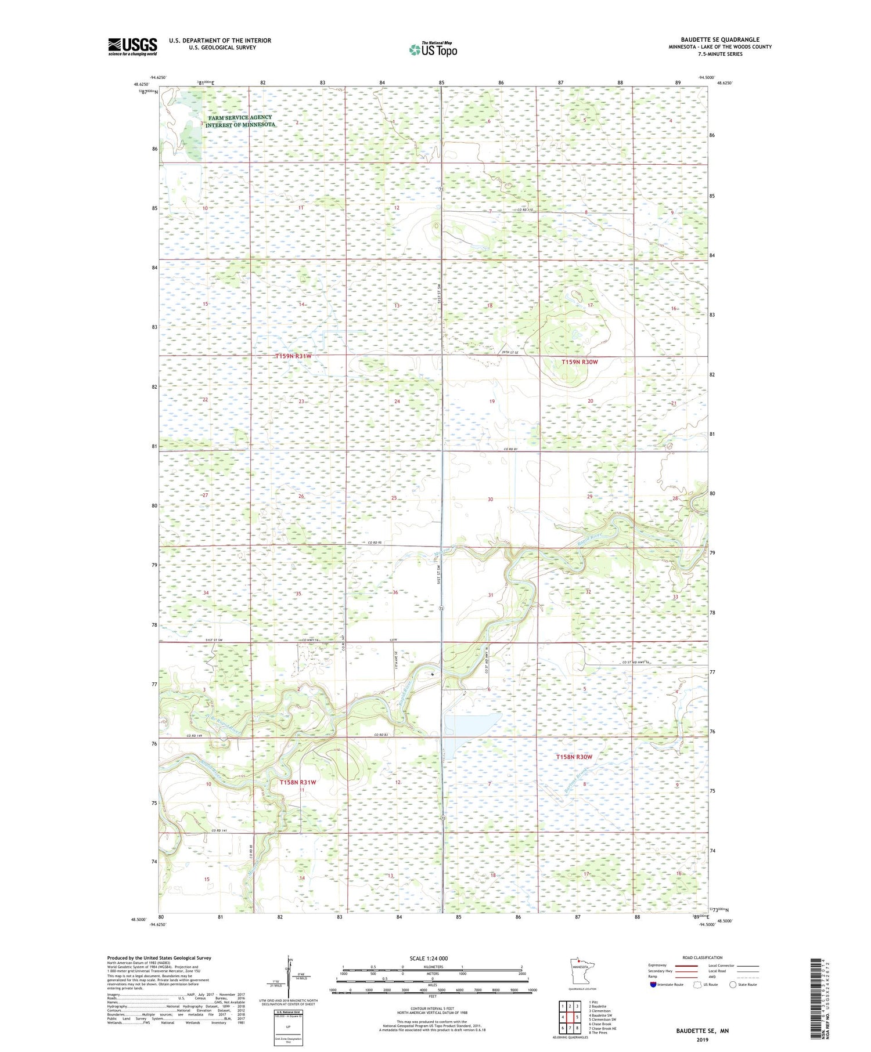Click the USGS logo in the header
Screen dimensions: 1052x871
[132, 46]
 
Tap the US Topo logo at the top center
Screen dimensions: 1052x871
[432, 50]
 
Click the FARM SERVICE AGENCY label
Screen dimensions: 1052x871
[240, 117]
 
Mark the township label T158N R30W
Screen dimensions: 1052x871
[574, 757]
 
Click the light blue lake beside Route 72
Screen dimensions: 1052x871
[473, 725]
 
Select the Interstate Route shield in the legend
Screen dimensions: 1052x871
[653, 984]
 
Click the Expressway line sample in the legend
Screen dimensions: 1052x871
[690, 966]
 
